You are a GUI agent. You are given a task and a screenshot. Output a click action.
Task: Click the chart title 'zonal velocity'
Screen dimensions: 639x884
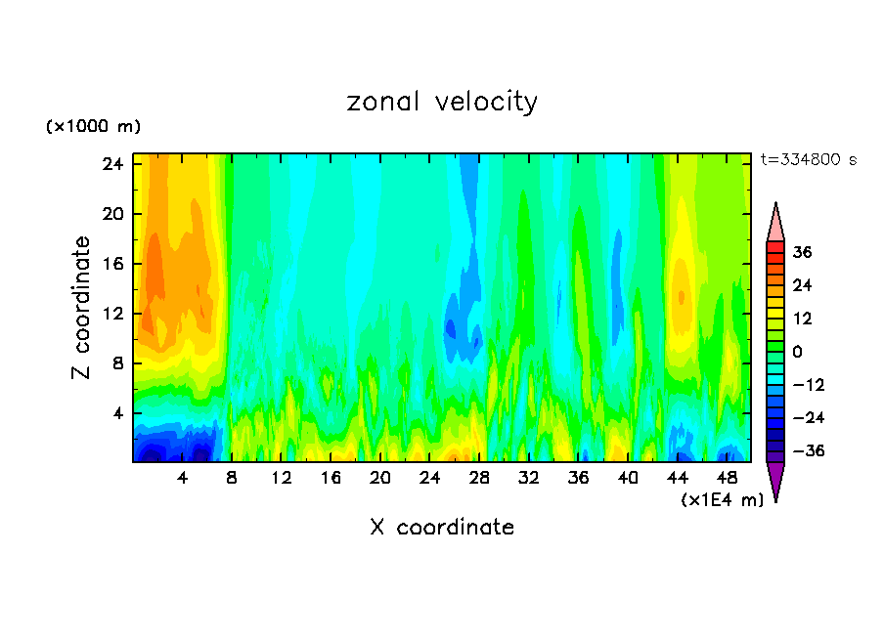click(x=442, y=102)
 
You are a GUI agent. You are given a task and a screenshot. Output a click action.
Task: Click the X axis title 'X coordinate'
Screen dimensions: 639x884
click(x=442, y=528)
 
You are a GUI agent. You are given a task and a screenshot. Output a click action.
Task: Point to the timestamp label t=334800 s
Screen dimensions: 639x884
click(x=808, y=160)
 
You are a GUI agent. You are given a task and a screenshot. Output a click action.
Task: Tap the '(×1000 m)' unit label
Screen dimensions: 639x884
click(x=93, y=127)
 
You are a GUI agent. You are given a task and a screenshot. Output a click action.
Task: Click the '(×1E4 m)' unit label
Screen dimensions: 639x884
click(x=722, y=500)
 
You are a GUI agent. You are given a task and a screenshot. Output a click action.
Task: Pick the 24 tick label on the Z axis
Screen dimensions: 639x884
click(x=110, y=164)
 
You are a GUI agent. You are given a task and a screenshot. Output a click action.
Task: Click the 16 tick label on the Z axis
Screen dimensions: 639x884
click(x=110, y=264)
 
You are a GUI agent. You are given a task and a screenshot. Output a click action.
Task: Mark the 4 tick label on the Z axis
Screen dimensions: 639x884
click(x=115, y=413)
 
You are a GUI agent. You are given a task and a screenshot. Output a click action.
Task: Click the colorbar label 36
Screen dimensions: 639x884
click(x=803, y=252)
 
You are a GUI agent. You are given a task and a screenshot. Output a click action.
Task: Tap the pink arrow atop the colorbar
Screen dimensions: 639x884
click(x=775, y=222)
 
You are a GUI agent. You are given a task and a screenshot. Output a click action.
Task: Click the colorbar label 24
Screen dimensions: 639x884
click(x=803, y=285)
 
